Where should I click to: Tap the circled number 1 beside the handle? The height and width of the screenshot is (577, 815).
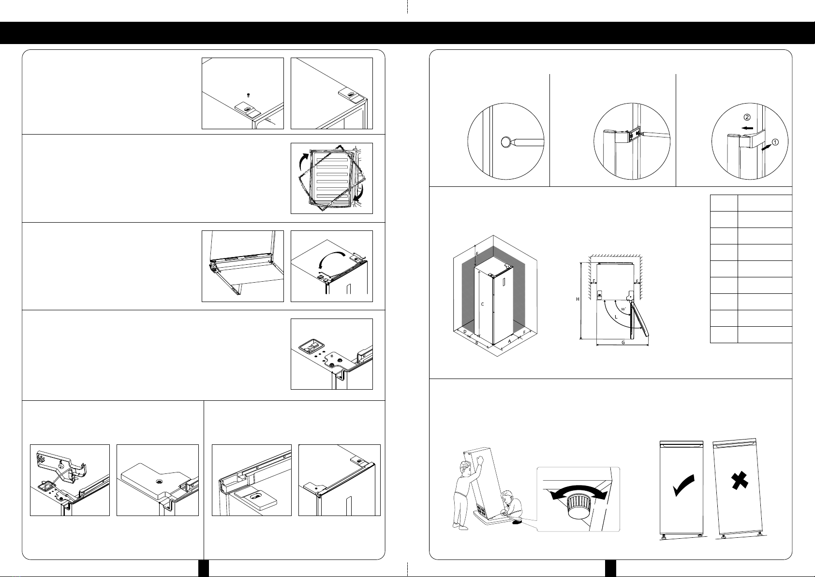pyautogui.click(x=775, y=142)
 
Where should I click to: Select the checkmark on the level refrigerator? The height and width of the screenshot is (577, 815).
pyautogui.click(x=683, y=485)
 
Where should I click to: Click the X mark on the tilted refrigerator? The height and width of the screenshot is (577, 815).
pyautogui.click(x=740, y=480)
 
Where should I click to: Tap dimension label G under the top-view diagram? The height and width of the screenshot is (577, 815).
pyautogui.click(x=623, y=343)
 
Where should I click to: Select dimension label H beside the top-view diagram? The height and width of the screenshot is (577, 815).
pyautogui.click(x=578, y=299)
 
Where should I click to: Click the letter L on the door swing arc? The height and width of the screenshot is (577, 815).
pyautogui.click(x=616, y=317)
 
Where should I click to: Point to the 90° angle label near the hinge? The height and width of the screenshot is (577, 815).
pyautogui.click(x=623, y=309)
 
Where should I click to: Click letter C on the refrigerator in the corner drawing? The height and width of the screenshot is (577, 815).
pyautogui.click(x=482, y=304)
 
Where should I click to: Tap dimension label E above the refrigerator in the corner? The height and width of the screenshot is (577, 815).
pyautogui.click(x=477, y=253)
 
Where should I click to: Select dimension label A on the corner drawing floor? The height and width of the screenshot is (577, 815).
pyautogui.click(x=509, y=341)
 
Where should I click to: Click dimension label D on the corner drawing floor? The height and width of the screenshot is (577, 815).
pyautogui.click(x=465, y=332)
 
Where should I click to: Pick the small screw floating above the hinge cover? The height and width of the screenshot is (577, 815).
pyautogui.click(x=248, y=95)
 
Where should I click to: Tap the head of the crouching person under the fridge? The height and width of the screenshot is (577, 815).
pyautogui.click(x=506, y=496)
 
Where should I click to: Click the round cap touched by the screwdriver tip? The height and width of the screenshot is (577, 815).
pyautogui.click(x=506, y=142)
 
